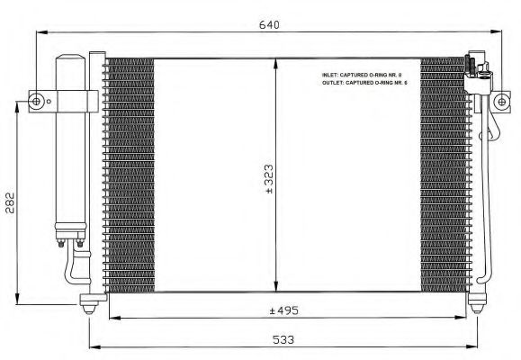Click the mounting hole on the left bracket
coord(37,99)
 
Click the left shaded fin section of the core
coord(128,175)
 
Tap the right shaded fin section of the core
coord(441,175)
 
